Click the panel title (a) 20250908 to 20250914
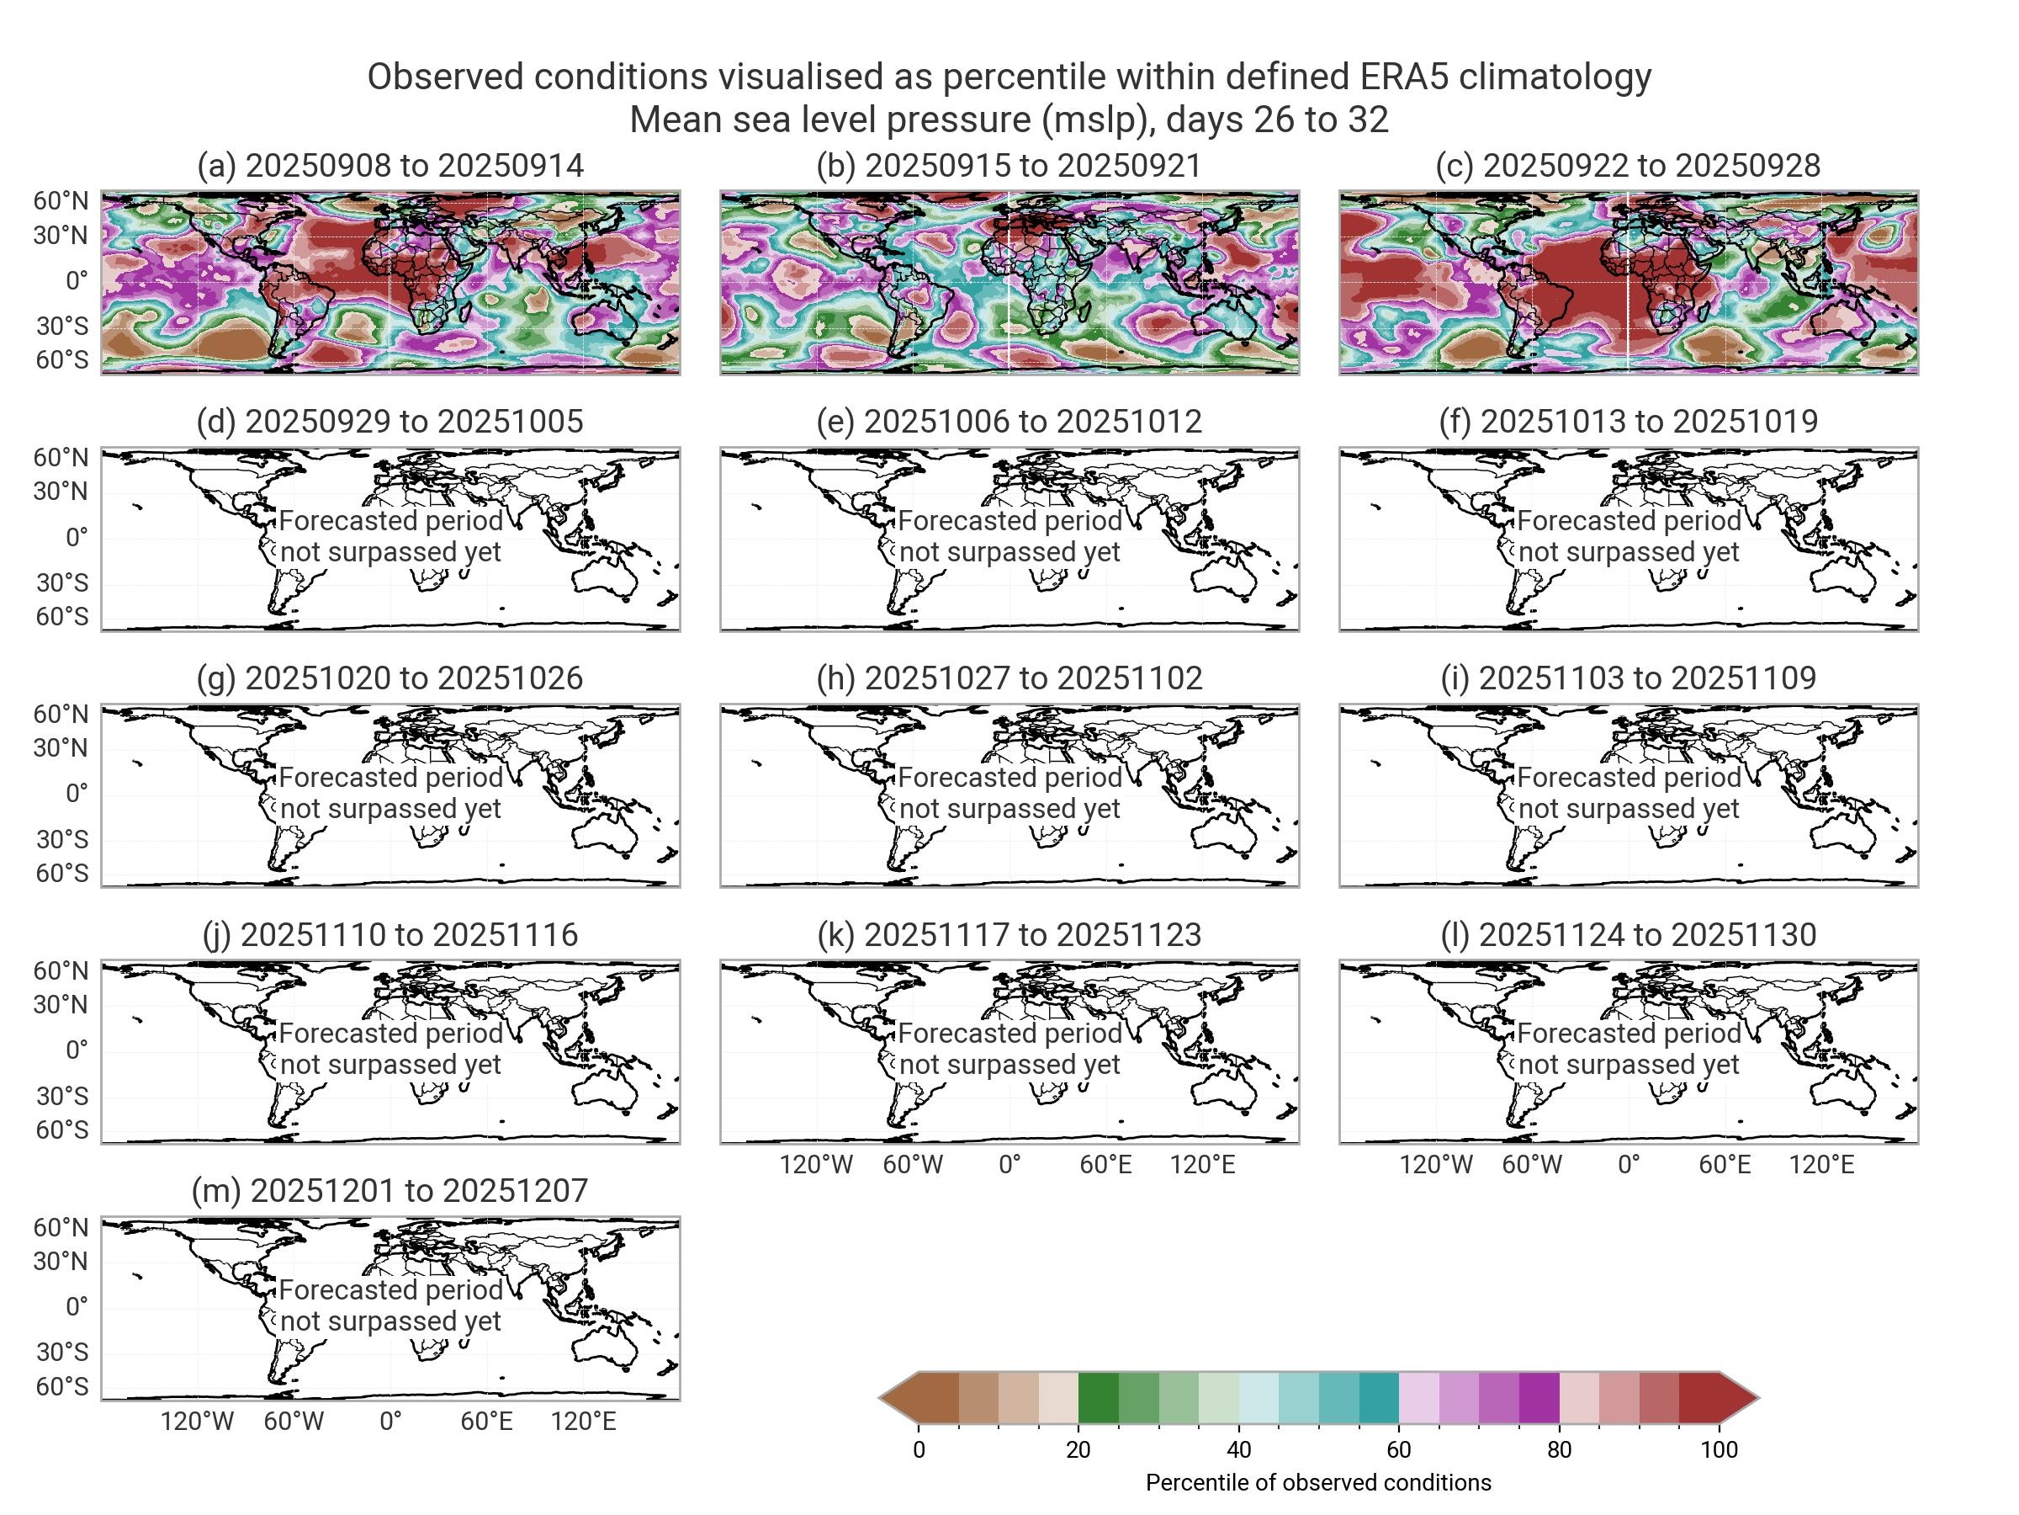(389, 165)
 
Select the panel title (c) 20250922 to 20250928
(1628, 165)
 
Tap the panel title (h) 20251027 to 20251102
(1009, 678)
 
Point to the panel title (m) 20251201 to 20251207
(389, 1190)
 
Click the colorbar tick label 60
(1398, 1449)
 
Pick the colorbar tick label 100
(1719, 1449)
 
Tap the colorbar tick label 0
(919, 1449)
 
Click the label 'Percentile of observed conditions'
(1318, 1482)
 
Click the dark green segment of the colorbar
(1098, 1397)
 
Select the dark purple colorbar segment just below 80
(1539, 1397)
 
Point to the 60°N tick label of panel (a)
(61, 201)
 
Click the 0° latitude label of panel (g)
(77, 794)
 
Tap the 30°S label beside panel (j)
(61, 1096)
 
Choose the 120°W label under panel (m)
(197, 1421)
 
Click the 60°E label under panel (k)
(1105, 1164)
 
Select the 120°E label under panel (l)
(1821, 1164)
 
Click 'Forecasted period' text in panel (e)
(1009, 520)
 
